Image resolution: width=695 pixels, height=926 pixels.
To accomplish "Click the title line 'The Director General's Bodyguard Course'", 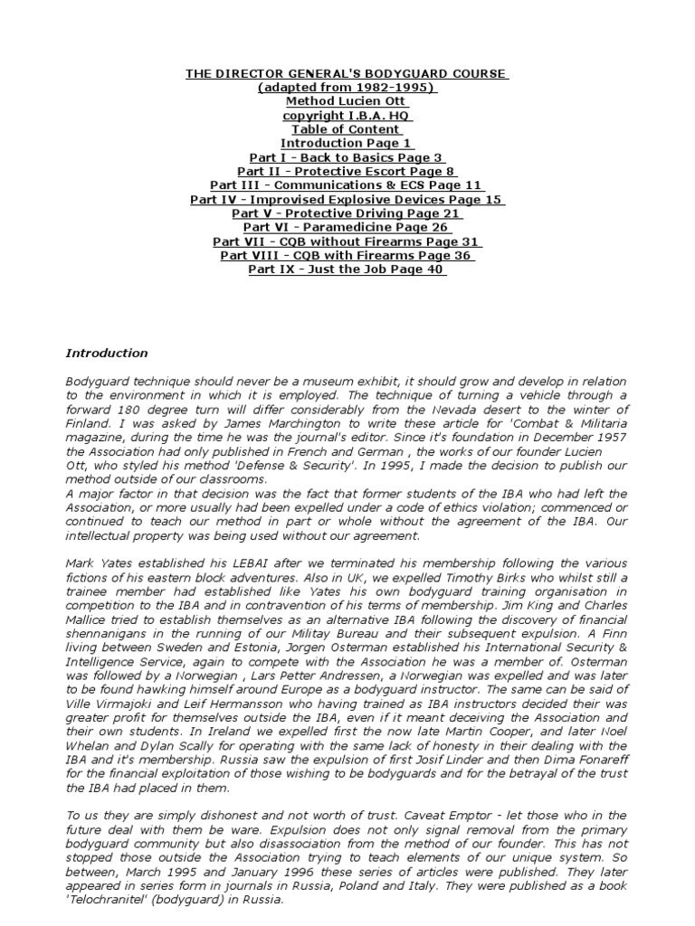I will pos(347,73).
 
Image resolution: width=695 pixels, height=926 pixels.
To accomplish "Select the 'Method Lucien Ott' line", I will pos(347,101).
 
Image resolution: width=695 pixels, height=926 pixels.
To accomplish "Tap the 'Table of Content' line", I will pos(347,129).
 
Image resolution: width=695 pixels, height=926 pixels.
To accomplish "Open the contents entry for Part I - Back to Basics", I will pos(347,157).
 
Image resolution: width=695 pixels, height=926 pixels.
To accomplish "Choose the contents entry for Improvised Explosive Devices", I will pos(347,199).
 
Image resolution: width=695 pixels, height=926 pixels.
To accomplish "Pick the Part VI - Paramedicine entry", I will pos(347,227).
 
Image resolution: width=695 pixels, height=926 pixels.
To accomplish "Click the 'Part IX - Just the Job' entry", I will pos(347,269).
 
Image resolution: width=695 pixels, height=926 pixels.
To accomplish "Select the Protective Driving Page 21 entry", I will pos(347,213).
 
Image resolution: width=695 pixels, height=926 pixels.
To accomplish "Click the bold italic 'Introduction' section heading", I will pos(107,354).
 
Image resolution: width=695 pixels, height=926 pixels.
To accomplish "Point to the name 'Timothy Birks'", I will pos(481,578).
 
